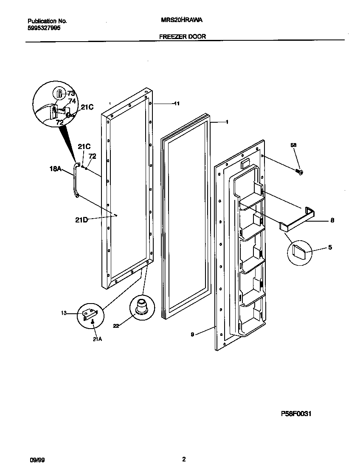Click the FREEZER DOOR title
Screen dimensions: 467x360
click(182, 37)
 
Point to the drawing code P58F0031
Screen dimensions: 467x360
click(296, 414)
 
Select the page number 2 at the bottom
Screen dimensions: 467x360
click(183, 459)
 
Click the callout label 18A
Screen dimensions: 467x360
click(55, 169)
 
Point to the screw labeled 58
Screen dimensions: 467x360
click(299, 172)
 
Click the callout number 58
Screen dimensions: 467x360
click(293, 145)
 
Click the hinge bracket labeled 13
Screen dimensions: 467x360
click(90, 315)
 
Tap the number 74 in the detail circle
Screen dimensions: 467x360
click(72, 101)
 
